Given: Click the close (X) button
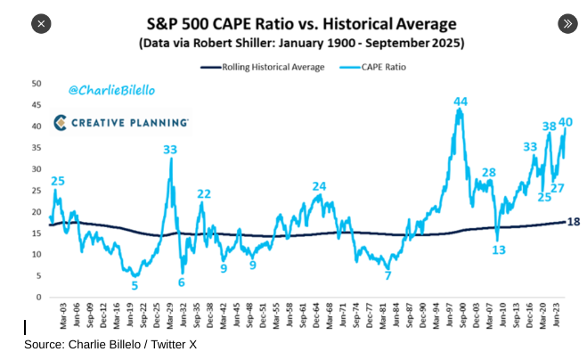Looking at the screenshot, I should pos(41,23).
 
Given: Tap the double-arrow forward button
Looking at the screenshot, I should pos(567,23).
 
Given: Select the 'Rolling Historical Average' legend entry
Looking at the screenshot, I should pos(263,67).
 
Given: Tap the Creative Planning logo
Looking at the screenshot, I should pos(119,121).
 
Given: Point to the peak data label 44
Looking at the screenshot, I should pos(461,102).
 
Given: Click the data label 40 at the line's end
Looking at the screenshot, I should pos(565,122).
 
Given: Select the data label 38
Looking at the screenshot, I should pos(549,127).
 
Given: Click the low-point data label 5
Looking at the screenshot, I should pos(135,285).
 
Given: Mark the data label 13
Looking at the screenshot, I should pos(498,250).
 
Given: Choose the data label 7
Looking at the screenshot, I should pos(387,275).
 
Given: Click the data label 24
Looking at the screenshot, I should pos(319,186).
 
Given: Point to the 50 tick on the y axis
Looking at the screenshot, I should pos(37,83).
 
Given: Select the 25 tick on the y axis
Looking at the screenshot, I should pos(37,190).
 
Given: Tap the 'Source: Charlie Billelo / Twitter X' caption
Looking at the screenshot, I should pos(110,345).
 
